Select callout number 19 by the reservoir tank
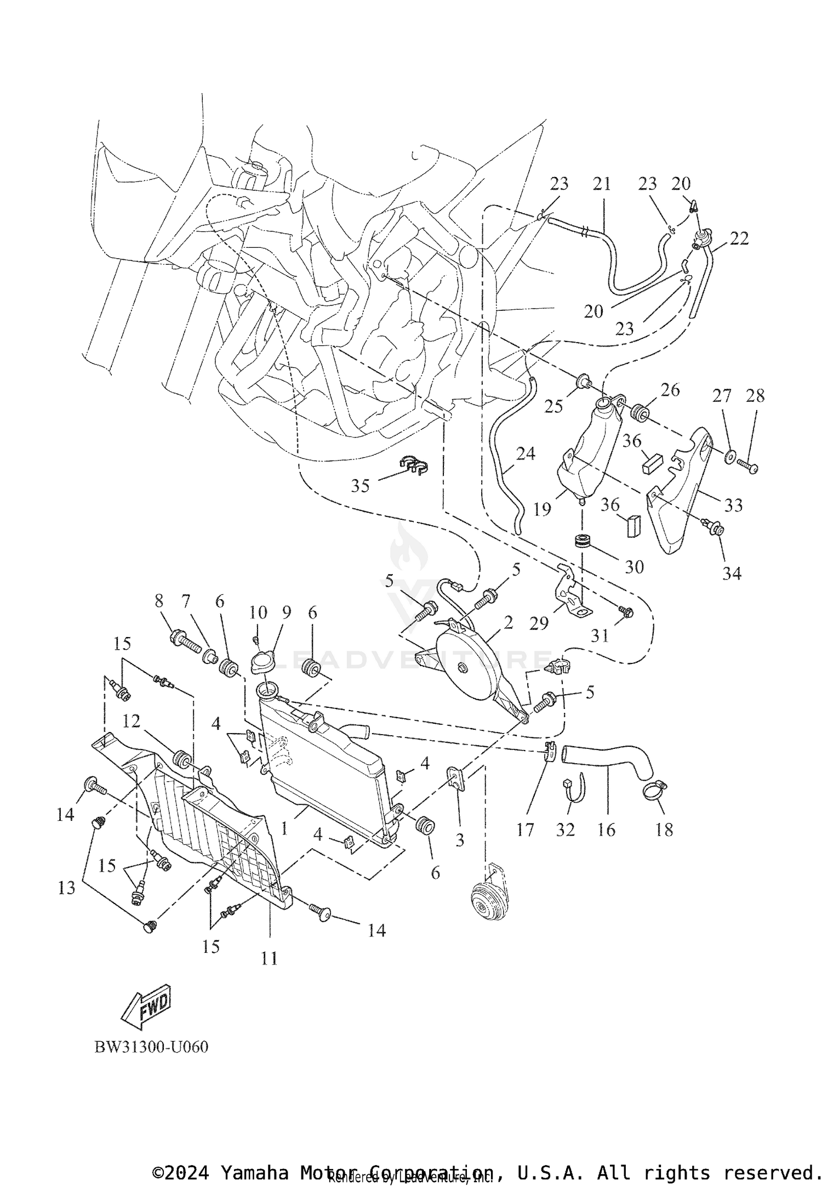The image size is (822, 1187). (542, 510)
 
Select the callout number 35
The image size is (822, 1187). (360, 486)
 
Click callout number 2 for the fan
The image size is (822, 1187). (508, 623)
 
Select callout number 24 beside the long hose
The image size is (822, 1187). (525, 453)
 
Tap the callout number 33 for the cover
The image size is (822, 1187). (733, 504)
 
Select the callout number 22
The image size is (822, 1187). (739, 238)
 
